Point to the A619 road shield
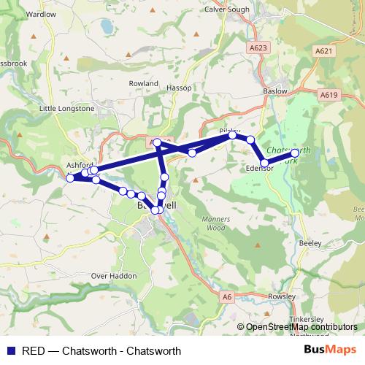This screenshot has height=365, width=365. point(328,94)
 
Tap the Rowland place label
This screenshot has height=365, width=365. point(143,84)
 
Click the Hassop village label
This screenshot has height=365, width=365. point(179,88)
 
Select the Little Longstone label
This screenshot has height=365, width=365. point(66,109)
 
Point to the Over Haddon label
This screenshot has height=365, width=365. point(114,276)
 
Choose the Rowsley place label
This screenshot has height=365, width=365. point(282,296)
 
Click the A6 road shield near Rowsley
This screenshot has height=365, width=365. point(227,296)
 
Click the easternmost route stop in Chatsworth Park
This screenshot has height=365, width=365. point(295,153)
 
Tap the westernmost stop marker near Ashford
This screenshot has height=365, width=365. point(70,178)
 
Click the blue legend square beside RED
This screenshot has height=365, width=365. point(12,350)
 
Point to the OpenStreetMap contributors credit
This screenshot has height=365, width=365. point(301,327)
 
